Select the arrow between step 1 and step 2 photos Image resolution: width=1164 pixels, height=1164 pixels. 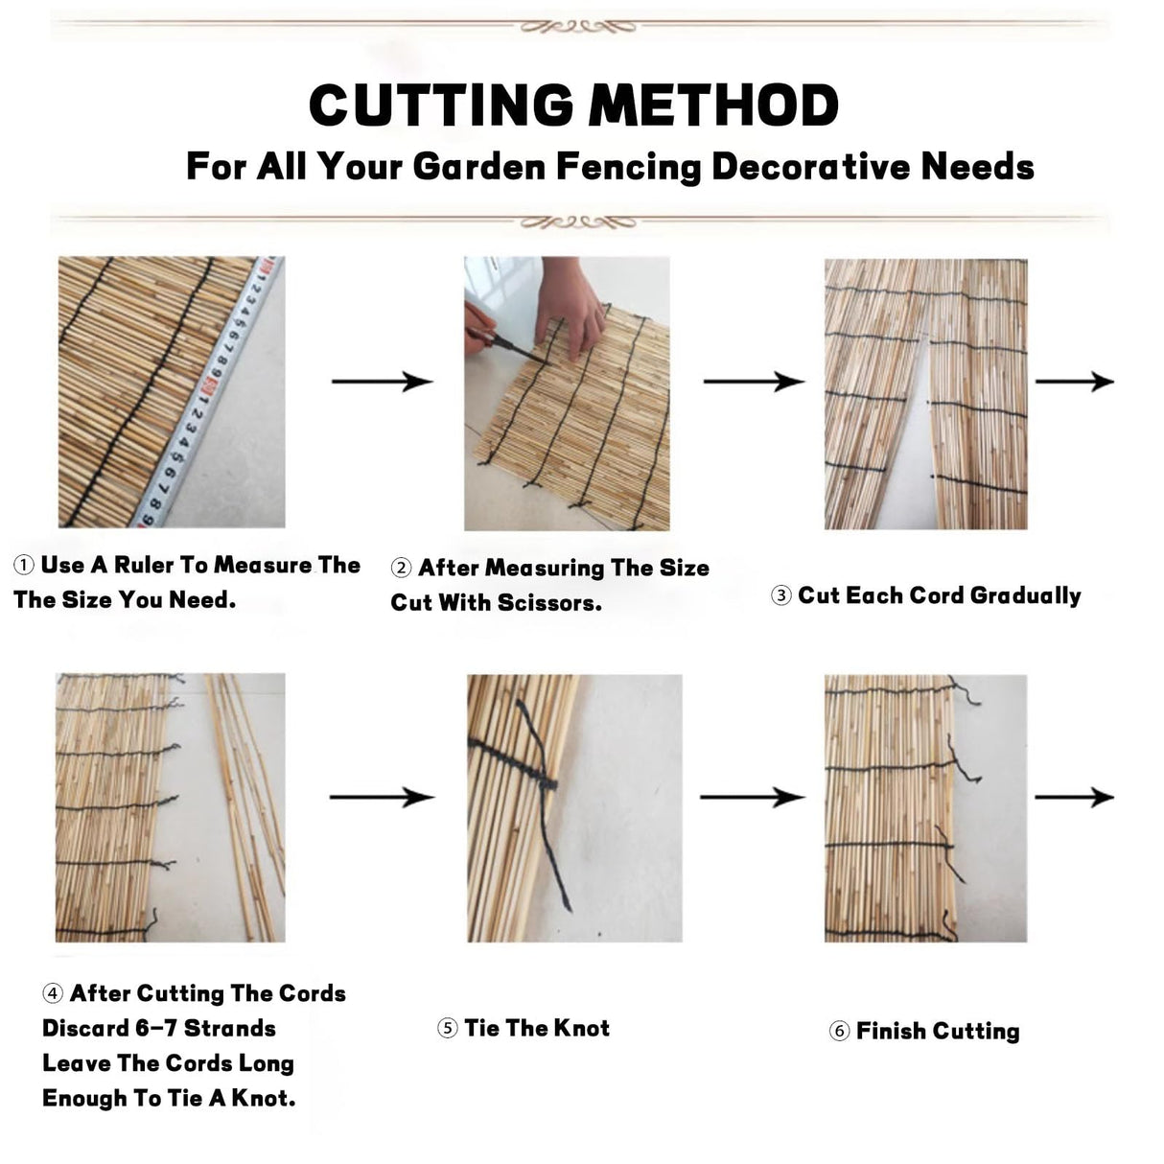coord(382,382)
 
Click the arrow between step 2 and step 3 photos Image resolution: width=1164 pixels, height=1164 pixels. coord(754,382)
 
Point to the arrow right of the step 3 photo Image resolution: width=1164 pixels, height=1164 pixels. coord(1074,382)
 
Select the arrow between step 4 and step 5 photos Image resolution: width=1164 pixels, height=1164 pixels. coord(382,797)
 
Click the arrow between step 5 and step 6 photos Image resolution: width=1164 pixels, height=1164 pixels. coord(752,797)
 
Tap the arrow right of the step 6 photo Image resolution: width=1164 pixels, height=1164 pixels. coord(1074,797)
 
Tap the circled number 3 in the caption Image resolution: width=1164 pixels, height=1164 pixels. coord(781,596)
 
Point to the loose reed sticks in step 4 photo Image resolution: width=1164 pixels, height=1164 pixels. coord(244,805)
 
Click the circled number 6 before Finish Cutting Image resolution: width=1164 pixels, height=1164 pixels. coord(839,1032)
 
